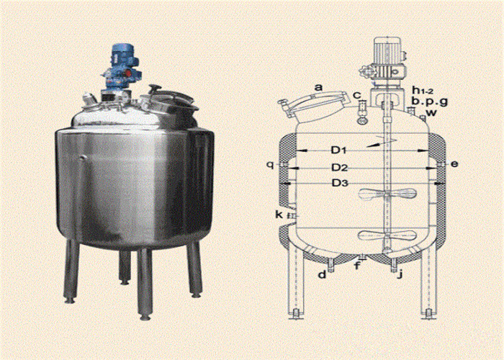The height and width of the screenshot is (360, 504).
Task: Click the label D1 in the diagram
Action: pyautogui.click(x=339, y=150)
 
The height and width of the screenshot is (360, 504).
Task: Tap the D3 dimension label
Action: pyautogui.click(x=340, y=183)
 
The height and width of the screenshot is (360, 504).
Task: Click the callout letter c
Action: pyautogui.click(x=357, y=96)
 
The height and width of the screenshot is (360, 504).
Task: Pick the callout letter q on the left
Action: pyautogui.click(x=270, y=164)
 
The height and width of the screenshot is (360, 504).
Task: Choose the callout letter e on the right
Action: pyautogui.click(x=454, y=165)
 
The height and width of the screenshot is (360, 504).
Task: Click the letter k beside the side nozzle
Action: pyautogui.click(x=279, y=215)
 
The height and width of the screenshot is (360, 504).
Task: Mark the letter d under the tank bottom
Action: pyautogui.click(x=322, y=274)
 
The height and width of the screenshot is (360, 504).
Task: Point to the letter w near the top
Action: pyautogui.click(x=431, y=113)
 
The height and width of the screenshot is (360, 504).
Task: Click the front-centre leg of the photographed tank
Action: pyautogui.click(x=145, y=284)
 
